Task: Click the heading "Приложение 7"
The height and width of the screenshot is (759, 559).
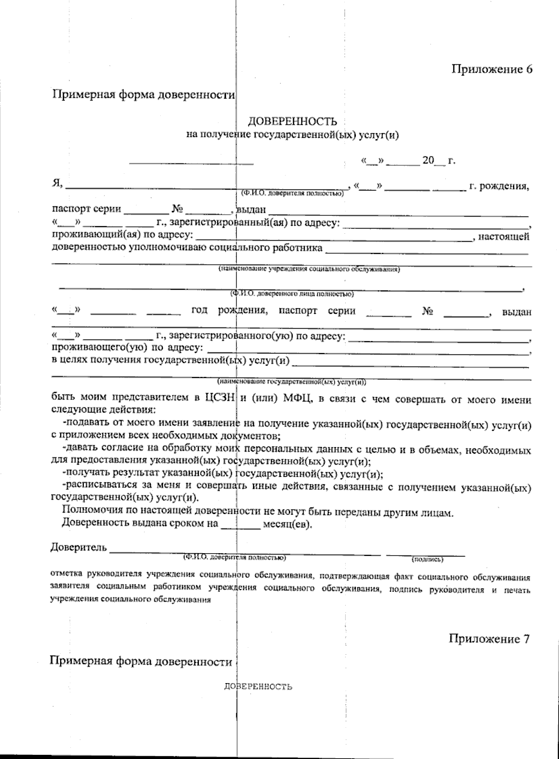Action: click(489, 638)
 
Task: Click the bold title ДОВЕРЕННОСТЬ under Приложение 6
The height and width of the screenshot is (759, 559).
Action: click(292, 122)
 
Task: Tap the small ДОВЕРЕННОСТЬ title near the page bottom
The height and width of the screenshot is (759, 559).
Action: click(258, 687)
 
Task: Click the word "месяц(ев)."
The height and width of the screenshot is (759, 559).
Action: click(288, 523)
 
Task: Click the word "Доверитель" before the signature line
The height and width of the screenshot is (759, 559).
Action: click(78, 547)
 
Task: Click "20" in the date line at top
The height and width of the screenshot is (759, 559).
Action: click(427, 161)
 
